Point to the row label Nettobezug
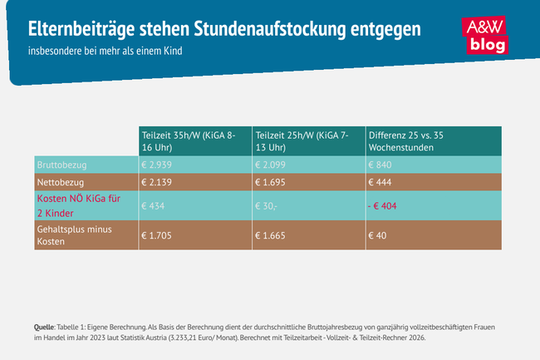(x=61, y=182)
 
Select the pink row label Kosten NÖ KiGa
(x=74, y=205)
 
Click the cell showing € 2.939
(x=158, y=164)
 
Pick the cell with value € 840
(x=380, y=164)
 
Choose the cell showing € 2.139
(x=158, y=182)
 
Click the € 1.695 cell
(x=272, y=182)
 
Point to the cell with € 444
(x=380, y=182)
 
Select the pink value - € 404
(x=384, y=205)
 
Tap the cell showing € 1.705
(x=158, y=234)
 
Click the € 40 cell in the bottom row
(x=377, y=234)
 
